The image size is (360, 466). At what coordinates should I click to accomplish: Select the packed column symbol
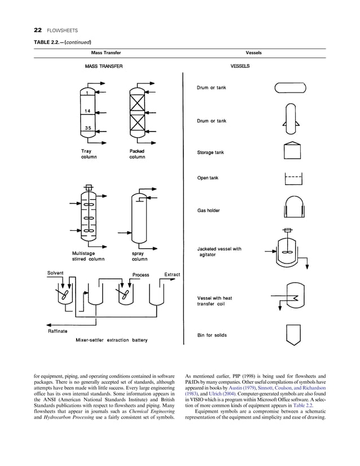click(x=137, y=112)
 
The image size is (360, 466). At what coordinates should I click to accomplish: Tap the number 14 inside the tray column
click(x=88, y=111)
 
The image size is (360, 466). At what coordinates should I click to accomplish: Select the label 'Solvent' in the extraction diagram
click(x=55, y=274)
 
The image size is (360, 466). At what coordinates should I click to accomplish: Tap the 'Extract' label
click(x=172, y=275)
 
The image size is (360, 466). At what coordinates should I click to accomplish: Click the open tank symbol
click(x=291, y=179)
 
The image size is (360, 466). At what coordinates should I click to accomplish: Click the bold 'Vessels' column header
click(x=253, y=53)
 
